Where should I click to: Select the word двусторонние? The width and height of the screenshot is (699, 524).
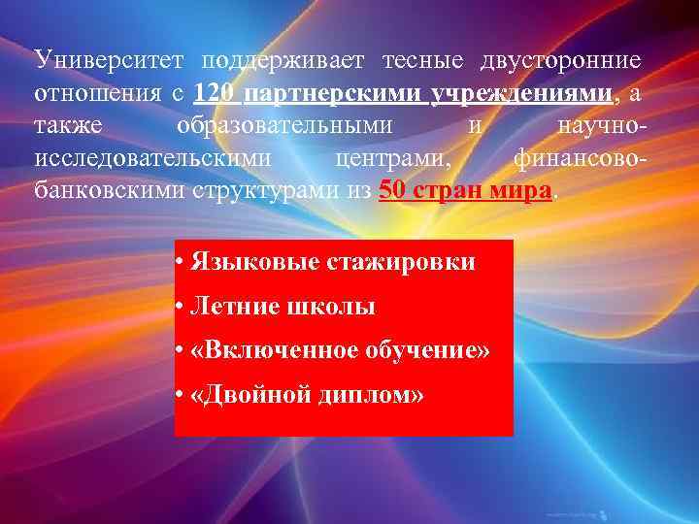pos(560,61)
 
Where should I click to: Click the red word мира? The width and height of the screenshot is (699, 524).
pos(521,189)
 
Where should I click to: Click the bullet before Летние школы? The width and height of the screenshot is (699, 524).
pos(182,308)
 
